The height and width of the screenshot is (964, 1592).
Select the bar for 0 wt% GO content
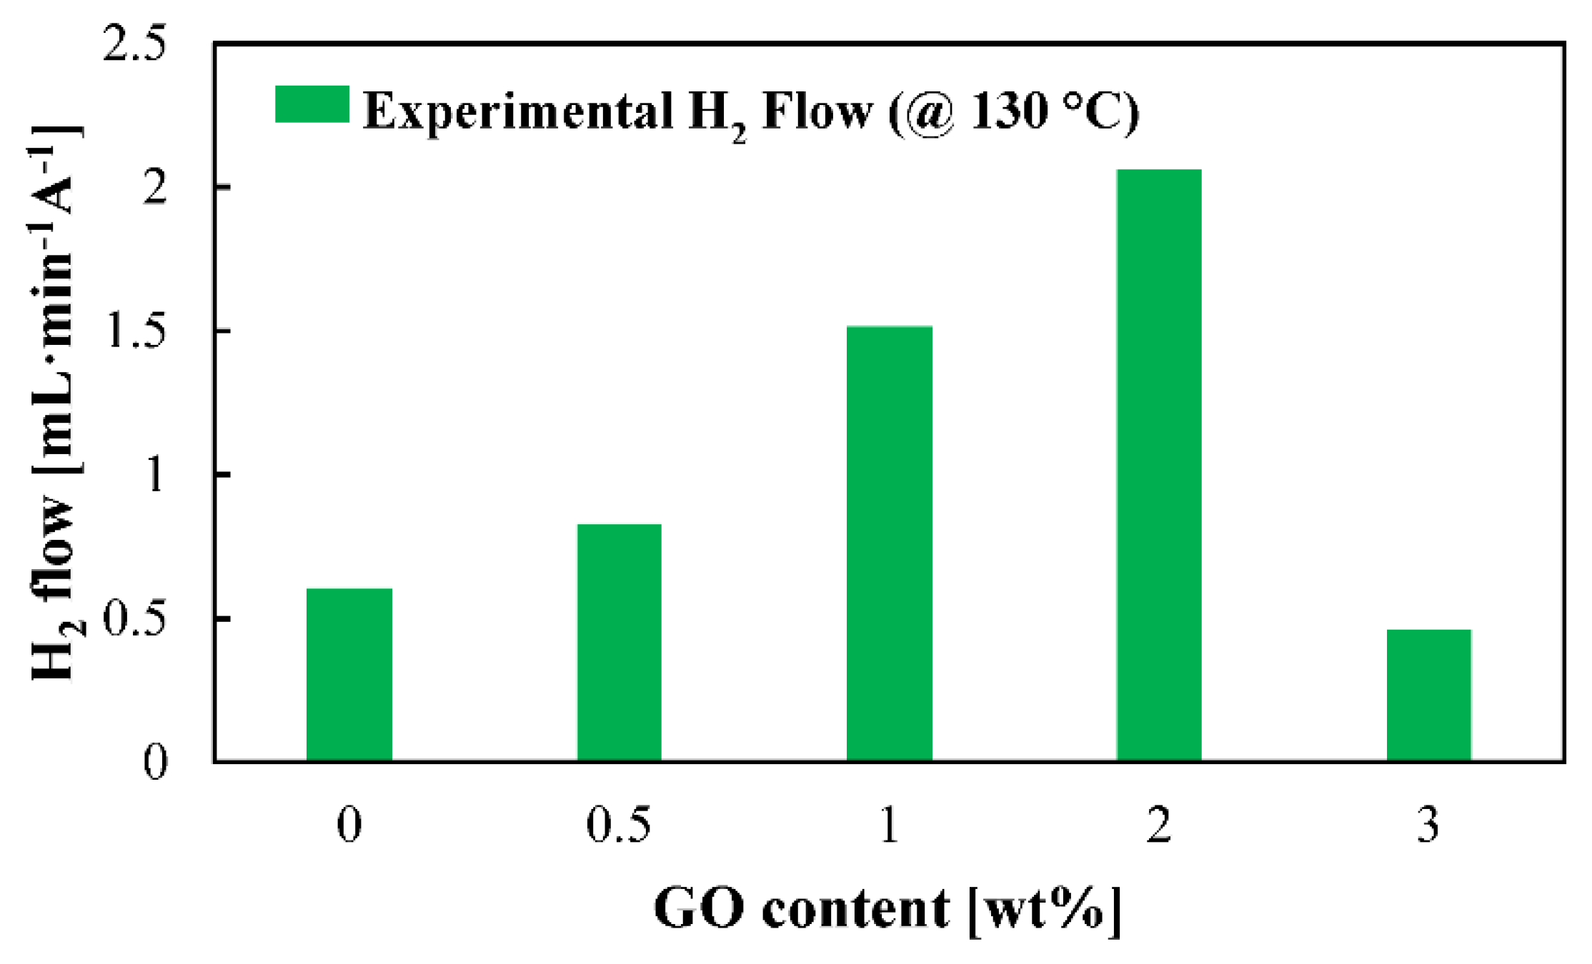point(349,675)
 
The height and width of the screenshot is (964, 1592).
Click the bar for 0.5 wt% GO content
point(619,643)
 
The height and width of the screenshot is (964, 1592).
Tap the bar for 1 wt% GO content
point(889,543)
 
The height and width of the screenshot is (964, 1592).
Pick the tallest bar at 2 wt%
point(1158,465)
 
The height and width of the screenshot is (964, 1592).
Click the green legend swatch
point(312,104)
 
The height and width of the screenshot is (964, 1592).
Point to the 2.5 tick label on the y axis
point(134,44)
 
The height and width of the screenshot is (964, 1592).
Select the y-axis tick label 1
point(156,475)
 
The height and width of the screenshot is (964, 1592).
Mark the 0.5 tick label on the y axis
point(134,619)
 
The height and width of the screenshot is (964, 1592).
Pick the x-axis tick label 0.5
point(619,825)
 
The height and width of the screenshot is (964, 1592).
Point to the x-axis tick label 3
point(1428,825)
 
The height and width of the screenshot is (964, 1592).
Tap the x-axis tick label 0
point(349,825)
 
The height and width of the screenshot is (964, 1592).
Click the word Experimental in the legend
point(518,111)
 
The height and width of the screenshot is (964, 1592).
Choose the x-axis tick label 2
point(1158,825)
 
